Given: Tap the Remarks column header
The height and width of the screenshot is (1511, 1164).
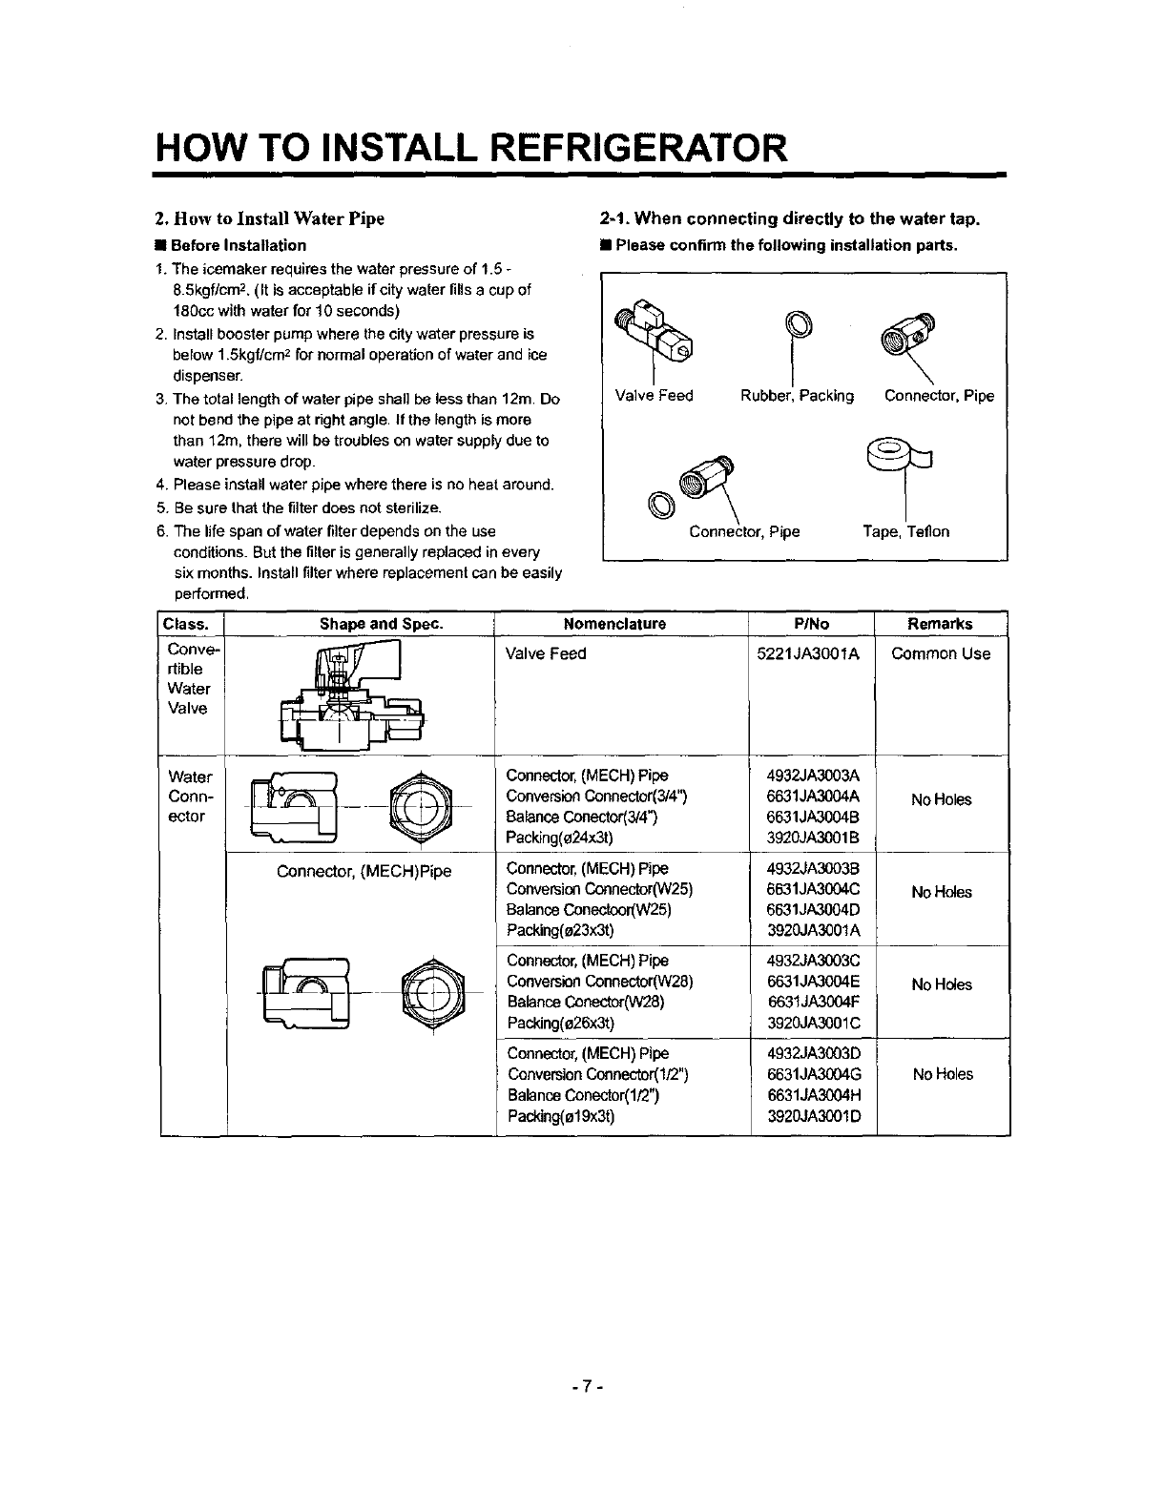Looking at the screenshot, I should [x=940, y=624].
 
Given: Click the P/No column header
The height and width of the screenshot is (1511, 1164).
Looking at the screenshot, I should [x=812, y=624].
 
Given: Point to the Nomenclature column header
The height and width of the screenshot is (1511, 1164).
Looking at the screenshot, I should [x=614, y=624].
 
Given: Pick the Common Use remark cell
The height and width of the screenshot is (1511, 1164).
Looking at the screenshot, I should [x=941, y=654].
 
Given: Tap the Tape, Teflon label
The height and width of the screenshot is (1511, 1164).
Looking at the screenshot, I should [x=905, y=531].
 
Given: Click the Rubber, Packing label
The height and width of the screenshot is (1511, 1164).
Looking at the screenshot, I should [x=797, y=396].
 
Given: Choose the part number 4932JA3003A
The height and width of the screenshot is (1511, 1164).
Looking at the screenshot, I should [x=814, y=776].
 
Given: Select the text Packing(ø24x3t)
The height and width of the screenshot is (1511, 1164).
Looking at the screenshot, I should [x=559, y=838].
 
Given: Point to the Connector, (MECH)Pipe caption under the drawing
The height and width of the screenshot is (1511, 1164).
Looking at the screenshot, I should [x=364, y=871].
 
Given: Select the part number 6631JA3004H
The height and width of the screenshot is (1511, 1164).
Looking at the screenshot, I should [x=814, y=1096].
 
